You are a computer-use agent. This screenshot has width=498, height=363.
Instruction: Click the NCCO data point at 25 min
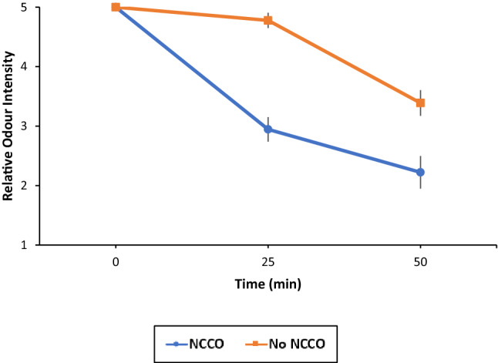click(x=268, y=129)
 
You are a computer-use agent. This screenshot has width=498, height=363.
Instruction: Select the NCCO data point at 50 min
click(x=420, y=172)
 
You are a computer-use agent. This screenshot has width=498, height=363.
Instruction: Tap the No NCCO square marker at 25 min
click(x=268, y=20)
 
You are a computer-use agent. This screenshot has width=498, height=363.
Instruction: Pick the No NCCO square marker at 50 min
click(x=420, y=103)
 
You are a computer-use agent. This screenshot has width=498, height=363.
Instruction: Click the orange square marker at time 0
click(x=116, y=7)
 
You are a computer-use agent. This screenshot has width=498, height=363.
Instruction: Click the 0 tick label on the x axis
click(x=116, y=262)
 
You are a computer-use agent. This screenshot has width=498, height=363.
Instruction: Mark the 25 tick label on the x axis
click(x=268, y=262)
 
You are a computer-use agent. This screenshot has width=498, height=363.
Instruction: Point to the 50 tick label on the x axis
click(x=420, y=262)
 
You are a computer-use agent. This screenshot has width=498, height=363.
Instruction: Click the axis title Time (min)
click(x=268, y=284)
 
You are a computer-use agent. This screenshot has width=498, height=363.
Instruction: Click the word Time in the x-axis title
click(x=251, y=284)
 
